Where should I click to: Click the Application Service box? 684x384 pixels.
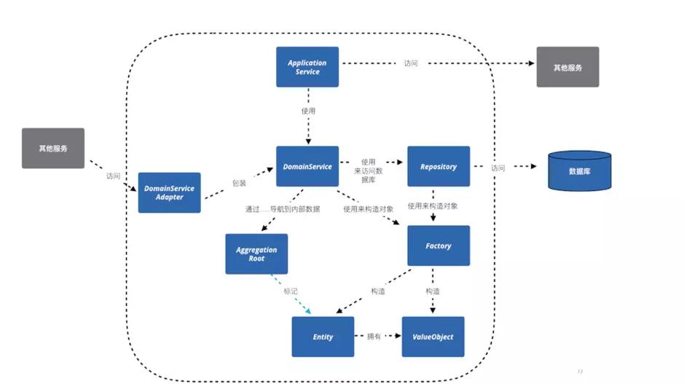[x=307, y=67]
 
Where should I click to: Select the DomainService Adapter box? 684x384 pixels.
[x=169, y=192]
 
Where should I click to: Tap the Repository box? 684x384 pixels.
[x=438, y=166]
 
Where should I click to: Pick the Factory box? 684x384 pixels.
[x=438, y=246]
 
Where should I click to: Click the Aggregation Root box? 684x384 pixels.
[x=256, y=254]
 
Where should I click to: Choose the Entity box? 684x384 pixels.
[x=323, y=337]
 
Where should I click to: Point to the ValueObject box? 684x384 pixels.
[x=433, y=337]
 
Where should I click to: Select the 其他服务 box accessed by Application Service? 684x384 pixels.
[x=567, y=67]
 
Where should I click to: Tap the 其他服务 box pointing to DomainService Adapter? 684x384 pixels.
[x=53, y=148]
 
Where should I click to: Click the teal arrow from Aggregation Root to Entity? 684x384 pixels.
[x=291, y=294]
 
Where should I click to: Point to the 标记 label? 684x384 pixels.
[x=291, y=291]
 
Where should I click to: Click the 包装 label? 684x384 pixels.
[x=238, y=183]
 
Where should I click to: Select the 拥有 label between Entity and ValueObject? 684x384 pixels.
[x=374, y=337]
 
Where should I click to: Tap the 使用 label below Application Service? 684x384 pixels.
[x=308, y=111]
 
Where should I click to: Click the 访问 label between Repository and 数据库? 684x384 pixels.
[x=498, y=168]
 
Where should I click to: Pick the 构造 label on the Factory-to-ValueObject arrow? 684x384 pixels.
[x=433, y=291]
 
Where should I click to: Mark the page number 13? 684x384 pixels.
[x=580, y=371]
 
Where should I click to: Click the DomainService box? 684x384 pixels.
[x=307, y=166]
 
